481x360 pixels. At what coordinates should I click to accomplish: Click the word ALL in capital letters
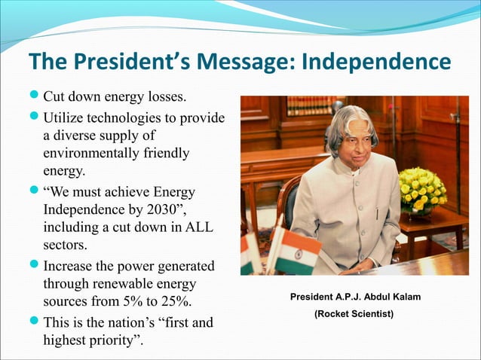click(x=200, y=227)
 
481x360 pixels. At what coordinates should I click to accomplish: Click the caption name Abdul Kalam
click(x=391, y=297)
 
